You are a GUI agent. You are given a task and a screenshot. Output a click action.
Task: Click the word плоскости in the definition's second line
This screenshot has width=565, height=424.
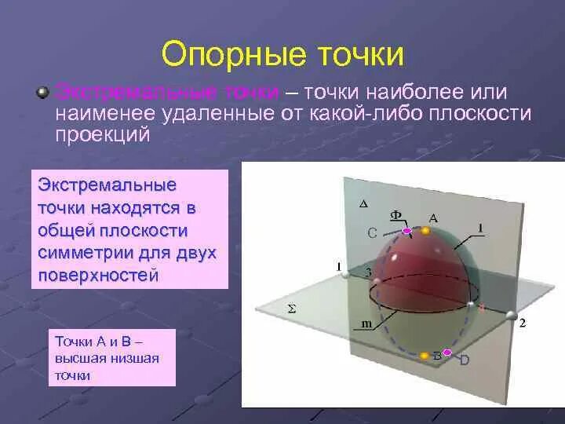click(480, 115)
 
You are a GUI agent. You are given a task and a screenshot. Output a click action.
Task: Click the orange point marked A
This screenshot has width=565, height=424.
click(425, 231)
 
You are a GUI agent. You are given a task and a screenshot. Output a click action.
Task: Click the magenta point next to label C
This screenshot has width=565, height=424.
click(407, 231)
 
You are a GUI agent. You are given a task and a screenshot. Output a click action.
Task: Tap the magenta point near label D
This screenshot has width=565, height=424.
click(447, 353)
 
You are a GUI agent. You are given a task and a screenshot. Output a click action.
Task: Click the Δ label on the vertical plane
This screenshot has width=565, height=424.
click(363, 203)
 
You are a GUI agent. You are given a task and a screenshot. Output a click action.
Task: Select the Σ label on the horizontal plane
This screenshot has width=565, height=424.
click(292, 309)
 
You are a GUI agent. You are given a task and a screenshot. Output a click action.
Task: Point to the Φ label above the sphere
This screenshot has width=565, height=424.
click(397, 214)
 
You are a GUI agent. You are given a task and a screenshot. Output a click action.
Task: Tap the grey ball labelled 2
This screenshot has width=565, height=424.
click(512, 316)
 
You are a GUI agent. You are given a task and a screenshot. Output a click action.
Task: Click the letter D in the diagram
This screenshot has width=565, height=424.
click(464, 360)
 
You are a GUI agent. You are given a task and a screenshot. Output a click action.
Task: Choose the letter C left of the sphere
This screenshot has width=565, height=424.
click(373, 232)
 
